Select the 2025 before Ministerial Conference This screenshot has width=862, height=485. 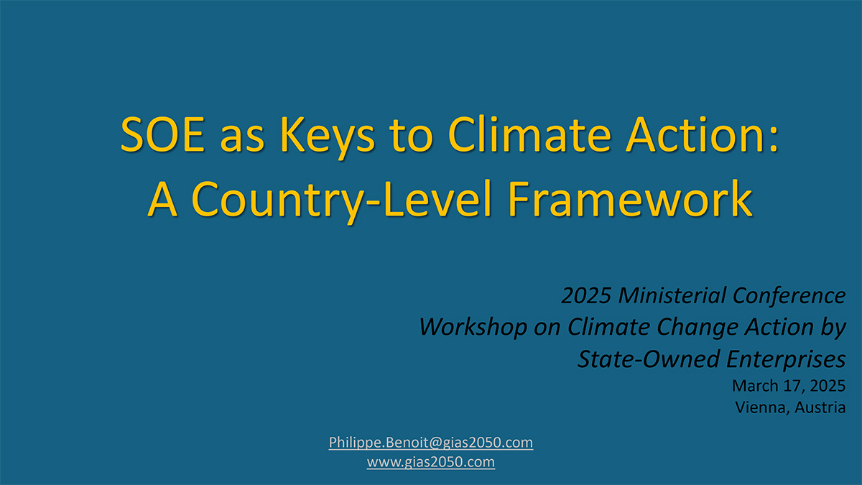[585, 295]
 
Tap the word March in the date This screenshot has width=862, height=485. [754, 386]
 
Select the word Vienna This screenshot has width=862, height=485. [761, 407]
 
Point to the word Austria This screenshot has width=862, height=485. [820, 407]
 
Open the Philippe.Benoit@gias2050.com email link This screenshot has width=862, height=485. [431, 442]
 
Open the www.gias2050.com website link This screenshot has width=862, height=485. [431, 462]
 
